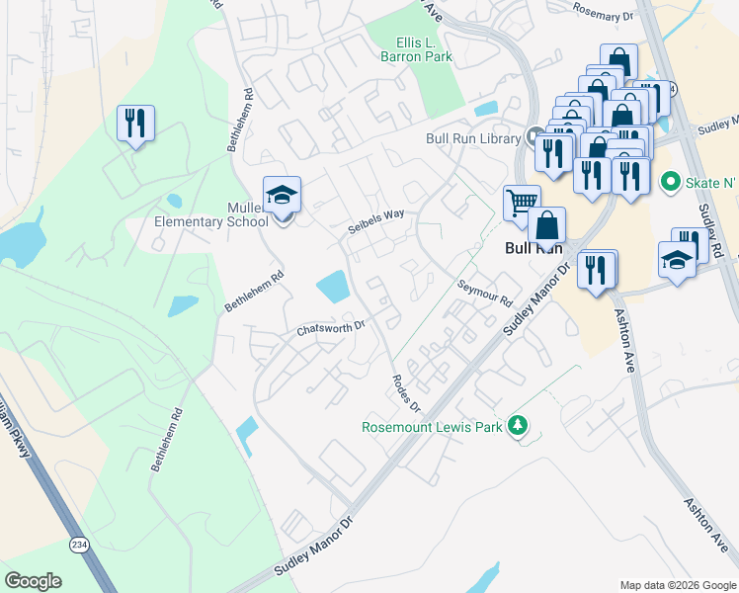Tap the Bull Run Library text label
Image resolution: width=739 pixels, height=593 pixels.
pyautogui.click(x=472, y=139)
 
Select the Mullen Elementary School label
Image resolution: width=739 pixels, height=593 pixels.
pyautogui.click(x=210, y=214)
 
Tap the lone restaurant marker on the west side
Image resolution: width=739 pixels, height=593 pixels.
pyautogui.click(x=135, y=124)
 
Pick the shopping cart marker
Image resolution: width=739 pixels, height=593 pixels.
pyautogui.click(x=521, y=204)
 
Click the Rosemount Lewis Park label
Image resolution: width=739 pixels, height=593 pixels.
pyautogui.click(x=432, y=427)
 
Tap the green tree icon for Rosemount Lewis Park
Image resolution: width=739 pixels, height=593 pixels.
pyautogui.click(x=516, y=426)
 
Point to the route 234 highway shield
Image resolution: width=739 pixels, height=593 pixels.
pyautogui.click(x=79, y=544)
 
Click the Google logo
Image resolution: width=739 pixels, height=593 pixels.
pyautogui.click(x=33, y=581)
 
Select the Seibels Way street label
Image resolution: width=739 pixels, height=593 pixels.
pyautogui.click(x=375, y=221)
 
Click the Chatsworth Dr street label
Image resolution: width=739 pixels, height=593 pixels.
pyautogui.click(x=331, y=327)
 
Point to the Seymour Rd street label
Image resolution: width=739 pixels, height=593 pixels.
pyautogui.click(x=485, y=291)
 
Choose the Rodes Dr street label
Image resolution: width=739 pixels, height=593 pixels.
pyautogui.click(x=406, y=393)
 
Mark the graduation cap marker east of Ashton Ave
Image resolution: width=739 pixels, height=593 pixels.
pyautogui.click(x=677, y=261)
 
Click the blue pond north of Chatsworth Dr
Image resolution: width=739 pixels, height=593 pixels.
pyautogui.click(x=333, y=288)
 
